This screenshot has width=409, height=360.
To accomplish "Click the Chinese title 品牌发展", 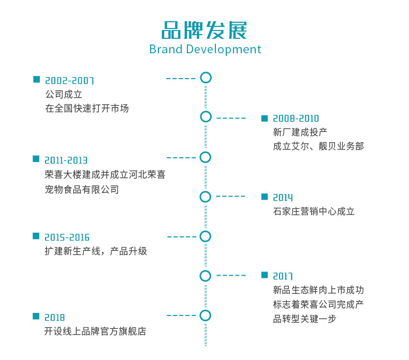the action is pyautogui.click(x=204, y=30).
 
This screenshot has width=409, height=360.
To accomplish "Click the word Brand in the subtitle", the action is pyautogui.click(x=166, y=49).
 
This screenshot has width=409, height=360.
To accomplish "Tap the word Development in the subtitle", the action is pyautogui.click(x=224, y=50).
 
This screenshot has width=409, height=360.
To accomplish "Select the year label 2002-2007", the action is pyautogui.click(x=69, y=81).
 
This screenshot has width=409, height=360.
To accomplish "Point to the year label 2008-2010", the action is pyautogui.click(x=296, y=118).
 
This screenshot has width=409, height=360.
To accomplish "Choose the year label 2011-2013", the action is pyautogui.click(x=66, y=160).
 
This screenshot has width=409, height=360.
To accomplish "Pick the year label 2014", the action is pyautogui.click(x=283, y=198).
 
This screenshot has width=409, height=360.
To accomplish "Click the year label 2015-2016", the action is pyautogui.click(x=67, y=237).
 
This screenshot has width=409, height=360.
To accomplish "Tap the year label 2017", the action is pyautogui.click(x=283, y=276).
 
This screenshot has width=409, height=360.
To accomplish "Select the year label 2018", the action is pyautogui.click(x=54, y=318).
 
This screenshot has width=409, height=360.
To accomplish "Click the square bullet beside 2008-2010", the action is pyautogui.click(x=265, y=118).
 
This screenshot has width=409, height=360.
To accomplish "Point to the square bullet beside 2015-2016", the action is pyautogui.click(x=36, y=236).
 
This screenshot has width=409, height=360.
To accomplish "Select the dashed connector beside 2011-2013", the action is pyautogui.click(x=181, y=158).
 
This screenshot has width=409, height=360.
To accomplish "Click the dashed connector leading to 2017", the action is pyautogui.click(x=231, y=275).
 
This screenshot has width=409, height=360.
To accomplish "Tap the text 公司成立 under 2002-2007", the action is pyautogui.click(x=64, y=94).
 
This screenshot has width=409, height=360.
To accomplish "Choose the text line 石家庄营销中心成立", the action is pyautogui.click(x=314, y=212).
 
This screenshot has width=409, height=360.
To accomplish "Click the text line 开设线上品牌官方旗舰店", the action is pyautogui.click(x=95, y=332).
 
